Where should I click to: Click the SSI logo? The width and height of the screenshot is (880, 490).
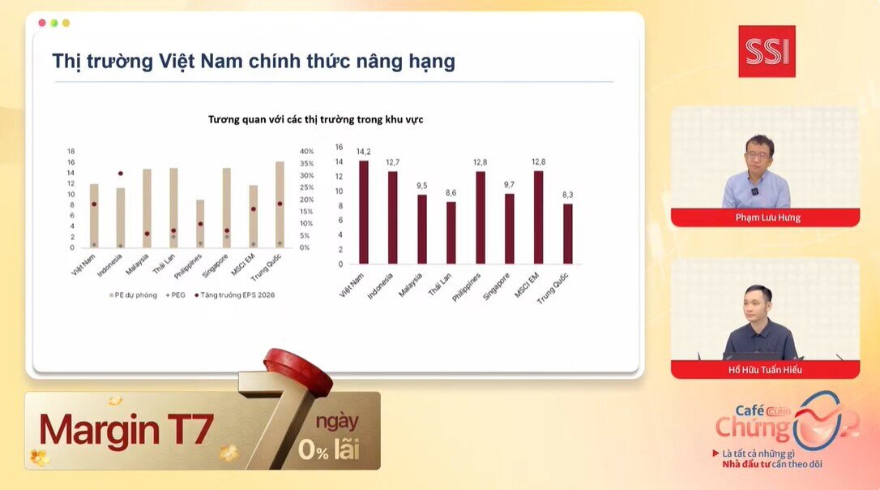pos(767,51)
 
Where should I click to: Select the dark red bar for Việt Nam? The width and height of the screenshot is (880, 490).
pos(364,212)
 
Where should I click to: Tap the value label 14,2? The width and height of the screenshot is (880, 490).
pos(364,153)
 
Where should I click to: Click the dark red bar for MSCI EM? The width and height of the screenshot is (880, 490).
pos(538,217)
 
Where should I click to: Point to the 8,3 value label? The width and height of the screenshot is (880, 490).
pos(567,196)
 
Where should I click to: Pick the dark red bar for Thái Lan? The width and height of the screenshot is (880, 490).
pos(451,232)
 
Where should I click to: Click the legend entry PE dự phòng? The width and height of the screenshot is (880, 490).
pos(134,295)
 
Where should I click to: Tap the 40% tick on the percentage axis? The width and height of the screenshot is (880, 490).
pos(306,152)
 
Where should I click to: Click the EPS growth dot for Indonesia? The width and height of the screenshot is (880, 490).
pos(121,174)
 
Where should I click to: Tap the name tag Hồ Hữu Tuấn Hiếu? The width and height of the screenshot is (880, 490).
pos(765,370)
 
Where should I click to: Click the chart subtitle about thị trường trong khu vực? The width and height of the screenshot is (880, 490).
pos(315,119)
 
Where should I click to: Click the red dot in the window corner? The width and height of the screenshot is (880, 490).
pos(42,23)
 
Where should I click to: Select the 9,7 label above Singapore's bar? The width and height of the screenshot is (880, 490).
pos(509,186)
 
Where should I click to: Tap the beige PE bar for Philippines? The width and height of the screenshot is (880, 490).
pos(200,223)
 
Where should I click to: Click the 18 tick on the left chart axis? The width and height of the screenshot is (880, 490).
pos(71,152)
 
